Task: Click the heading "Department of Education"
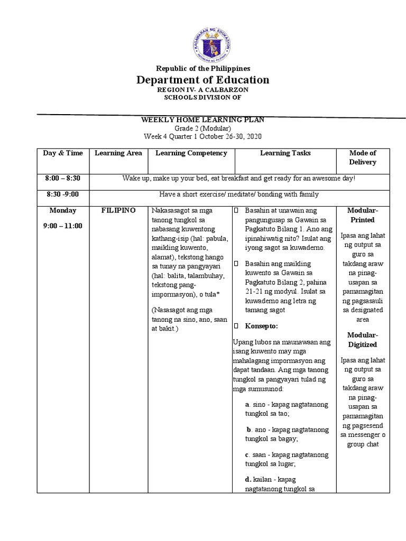(x=203, y=80)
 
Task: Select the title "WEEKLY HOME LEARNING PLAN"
(x=202, y=120)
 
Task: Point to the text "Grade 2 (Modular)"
(x=203, y=128)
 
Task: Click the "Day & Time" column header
(x=63, y=153)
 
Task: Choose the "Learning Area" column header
(x=118, y=153)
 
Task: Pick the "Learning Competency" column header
(x=191, y=153)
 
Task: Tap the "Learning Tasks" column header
(x=285, y=153)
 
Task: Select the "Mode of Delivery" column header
(x=363, y=157)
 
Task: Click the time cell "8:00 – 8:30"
(x=63, y=178)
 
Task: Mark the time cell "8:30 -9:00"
(x=63, y=194)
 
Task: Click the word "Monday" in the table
(x=63, y=210)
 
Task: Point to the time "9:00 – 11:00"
(x=63, y=226)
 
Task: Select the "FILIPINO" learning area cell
(x=118, y=210)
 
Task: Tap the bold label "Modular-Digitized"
(x=363, y=340)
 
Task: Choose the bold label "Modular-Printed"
(x=363, y=215)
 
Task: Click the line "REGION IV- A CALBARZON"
(x=203, y=90)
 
